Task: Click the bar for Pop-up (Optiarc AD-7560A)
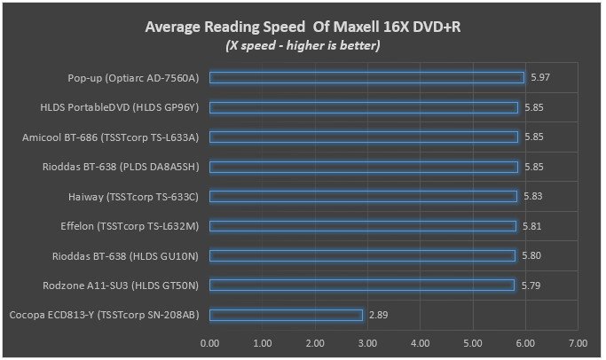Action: tap(366, 78)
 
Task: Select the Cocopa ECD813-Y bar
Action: tap(286, 315)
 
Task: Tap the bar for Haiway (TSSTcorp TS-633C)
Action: tap(363, 196)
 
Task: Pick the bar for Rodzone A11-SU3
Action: tap(362, 285)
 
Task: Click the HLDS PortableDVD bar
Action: tap(364, 107)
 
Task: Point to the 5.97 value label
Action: tap(539, 78)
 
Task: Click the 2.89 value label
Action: tap(378, 315)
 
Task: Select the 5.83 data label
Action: tap(534, 196)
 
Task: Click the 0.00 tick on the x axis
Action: tap(209, 341)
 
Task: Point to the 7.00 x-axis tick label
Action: tap(578, 341)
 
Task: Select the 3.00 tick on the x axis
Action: tap(367, 341)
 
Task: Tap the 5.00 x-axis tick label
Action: tap(472, 341)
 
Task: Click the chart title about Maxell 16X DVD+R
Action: tap(303, 27)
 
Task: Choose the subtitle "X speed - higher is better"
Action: tap(303, 45)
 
